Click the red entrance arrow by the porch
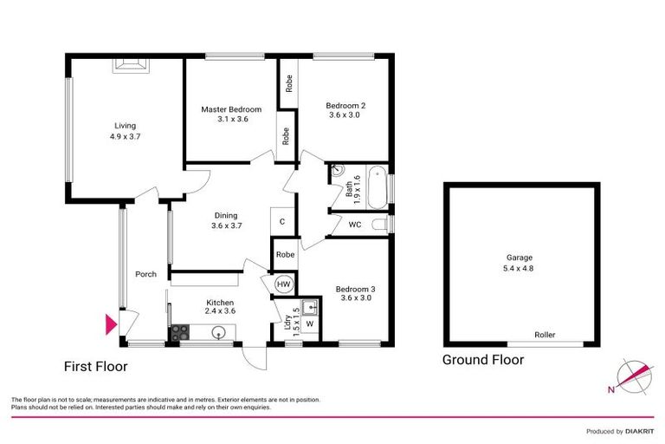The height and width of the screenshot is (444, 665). point(110,325)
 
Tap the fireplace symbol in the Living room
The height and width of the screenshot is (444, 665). point(132,62)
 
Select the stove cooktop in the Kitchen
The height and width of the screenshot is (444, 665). point(181,330)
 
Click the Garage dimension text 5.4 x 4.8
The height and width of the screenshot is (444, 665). point(520,268)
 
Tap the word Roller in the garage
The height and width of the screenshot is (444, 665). point(545,335)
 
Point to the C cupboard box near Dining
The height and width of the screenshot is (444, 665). point(282,222)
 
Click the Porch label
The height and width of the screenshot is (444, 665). point(145,275)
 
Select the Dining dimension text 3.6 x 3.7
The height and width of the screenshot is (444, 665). point(225,225)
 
